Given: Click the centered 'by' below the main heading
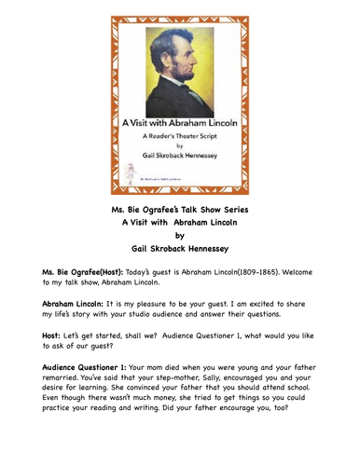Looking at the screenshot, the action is [180, 236].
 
